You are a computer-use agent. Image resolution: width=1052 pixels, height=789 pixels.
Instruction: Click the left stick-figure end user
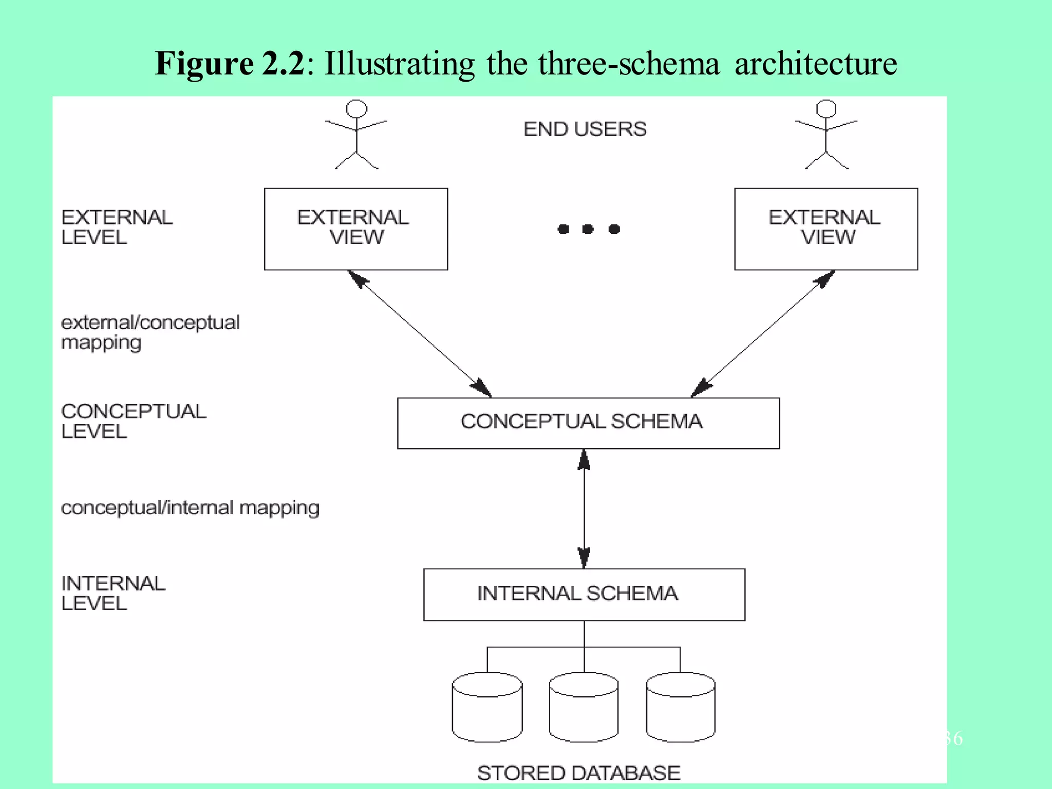(x=356, y=135)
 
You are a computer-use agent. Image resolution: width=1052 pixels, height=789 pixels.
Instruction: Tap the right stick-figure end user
(x=826, y=135)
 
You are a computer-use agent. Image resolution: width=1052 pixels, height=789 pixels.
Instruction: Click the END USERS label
(x=585, y=129)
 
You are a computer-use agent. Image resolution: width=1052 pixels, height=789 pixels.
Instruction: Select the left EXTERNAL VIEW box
(x=355, y=229)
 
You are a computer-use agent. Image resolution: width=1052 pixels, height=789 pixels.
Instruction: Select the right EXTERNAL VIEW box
(x=825, y=229)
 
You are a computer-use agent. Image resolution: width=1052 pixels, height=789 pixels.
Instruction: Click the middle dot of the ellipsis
(x=588, y=229)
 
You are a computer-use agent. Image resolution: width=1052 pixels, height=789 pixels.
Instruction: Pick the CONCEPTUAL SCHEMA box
(x=588, y=423)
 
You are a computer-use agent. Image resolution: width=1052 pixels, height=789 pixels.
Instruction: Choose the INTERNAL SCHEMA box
(x=584, y=594)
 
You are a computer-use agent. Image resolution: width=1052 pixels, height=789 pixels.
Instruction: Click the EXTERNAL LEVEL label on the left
(x=117, y=227)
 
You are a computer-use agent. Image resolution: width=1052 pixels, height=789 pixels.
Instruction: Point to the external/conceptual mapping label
(x=149, y=332)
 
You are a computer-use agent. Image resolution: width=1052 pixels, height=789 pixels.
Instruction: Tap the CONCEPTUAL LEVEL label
(x=133, y=421)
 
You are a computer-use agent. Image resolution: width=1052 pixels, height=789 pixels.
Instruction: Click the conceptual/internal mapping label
(x=190, y=508)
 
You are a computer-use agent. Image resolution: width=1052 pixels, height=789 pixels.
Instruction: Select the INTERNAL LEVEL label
(x=112, y=593)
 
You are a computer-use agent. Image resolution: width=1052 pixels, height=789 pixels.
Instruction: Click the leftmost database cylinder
(x=487, y=707)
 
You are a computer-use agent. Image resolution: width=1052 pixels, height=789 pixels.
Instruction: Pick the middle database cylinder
(x=584, y=707)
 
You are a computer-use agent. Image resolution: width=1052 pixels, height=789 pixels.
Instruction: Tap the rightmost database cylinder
(x=680, y=707)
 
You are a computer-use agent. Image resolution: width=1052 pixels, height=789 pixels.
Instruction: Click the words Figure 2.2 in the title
(x=230, y=64)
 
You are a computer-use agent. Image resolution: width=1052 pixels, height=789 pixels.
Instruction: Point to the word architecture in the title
(x=816, y=64)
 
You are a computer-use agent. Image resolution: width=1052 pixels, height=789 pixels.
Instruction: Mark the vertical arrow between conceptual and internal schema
(x=584, y=509)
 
